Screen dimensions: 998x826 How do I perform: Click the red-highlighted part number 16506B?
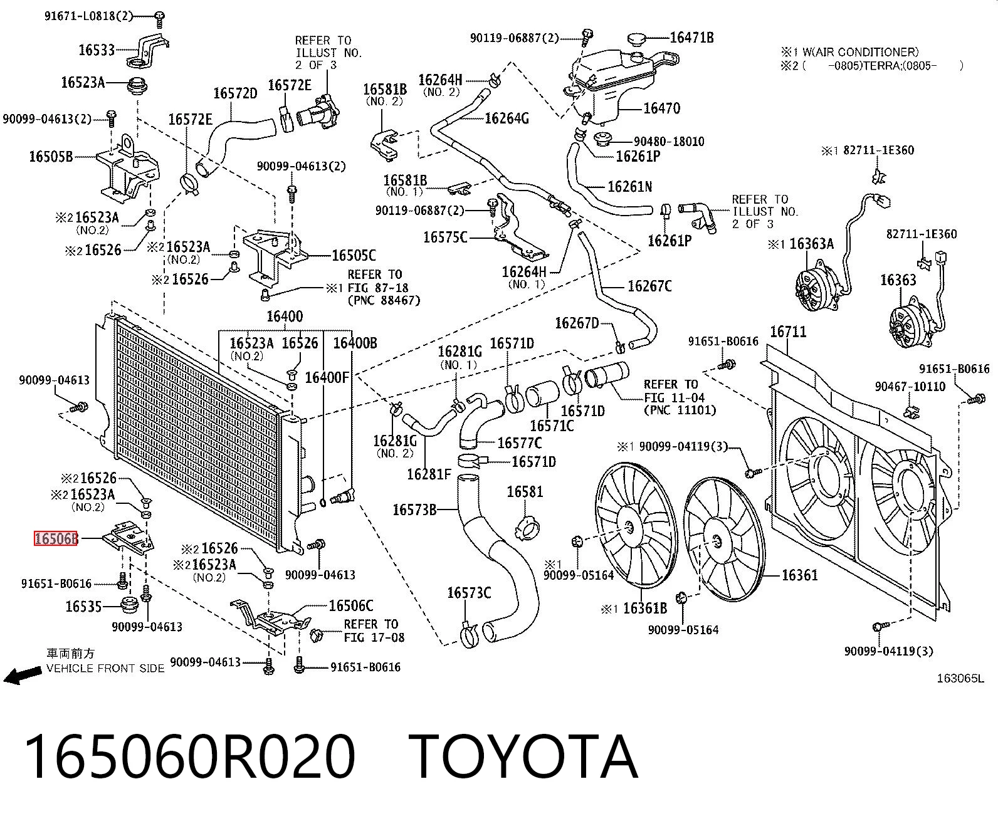[56, 539]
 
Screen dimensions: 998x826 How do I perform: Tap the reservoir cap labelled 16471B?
[636, 38]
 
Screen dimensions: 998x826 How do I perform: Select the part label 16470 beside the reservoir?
[661, 108]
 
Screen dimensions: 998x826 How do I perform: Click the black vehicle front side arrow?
[23, 674]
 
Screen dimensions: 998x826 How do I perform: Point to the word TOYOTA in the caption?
[523, 757]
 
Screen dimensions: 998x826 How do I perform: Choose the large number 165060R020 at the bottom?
[190, 757]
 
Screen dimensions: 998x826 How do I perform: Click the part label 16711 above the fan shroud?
[788, 332]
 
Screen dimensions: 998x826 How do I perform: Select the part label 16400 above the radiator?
[285, 316]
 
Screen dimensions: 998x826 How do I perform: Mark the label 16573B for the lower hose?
[414, 510]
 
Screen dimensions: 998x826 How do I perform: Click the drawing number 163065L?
[960, 678]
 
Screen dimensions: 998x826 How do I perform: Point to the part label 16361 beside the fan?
[800, 575]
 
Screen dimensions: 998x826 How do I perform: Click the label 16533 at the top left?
[97, 50]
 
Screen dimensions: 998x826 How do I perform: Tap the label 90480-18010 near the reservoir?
[669, 142]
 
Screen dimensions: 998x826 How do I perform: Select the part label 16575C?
[446, 237]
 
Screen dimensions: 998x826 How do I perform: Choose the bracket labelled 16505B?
[128, 167]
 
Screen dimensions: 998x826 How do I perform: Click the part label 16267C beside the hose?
[649, 286]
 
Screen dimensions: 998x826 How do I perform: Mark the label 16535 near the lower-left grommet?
[83, 607]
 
